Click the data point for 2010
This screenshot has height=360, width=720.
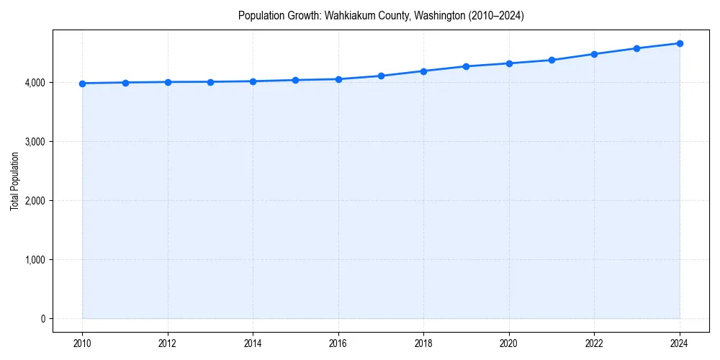pyautogui.click(x=83, y=84)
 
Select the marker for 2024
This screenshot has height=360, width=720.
pyautogui.click(x=680, y=43)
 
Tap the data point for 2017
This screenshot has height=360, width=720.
pyautogui.click(x=381, y=76)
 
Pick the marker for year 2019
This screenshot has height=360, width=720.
pyautogui.click(x=467, y=66)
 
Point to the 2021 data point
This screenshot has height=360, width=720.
pyautogui.click(x=552, y=60)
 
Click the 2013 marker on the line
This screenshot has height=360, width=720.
pyautogui.click(x=210, y=82)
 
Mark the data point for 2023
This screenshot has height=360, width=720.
pyautogui.click(x=637, y=48)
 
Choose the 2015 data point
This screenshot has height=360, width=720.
pyautogui.click(x=296, y=80)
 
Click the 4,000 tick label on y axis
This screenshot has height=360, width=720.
pyautogui.click(x=35, y=83)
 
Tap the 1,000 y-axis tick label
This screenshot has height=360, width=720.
pyautogui.click(x=35, y=260)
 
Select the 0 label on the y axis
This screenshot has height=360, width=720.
pyautogui.click(x=42, y=319)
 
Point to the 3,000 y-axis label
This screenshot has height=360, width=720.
pyautogui.click(x=35, y=142)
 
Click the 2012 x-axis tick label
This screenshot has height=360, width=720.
pyautogui.click(x=168, y=343)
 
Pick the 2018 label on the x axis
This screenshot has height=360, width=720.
pyautogui.click(x=423, y=343)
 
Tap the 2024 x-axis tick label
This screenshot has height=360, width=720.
pyautogui.click(x=680, y=343)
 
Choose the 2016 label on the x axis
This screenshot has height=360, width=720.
pyautogui.click(x=338, y=343)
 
